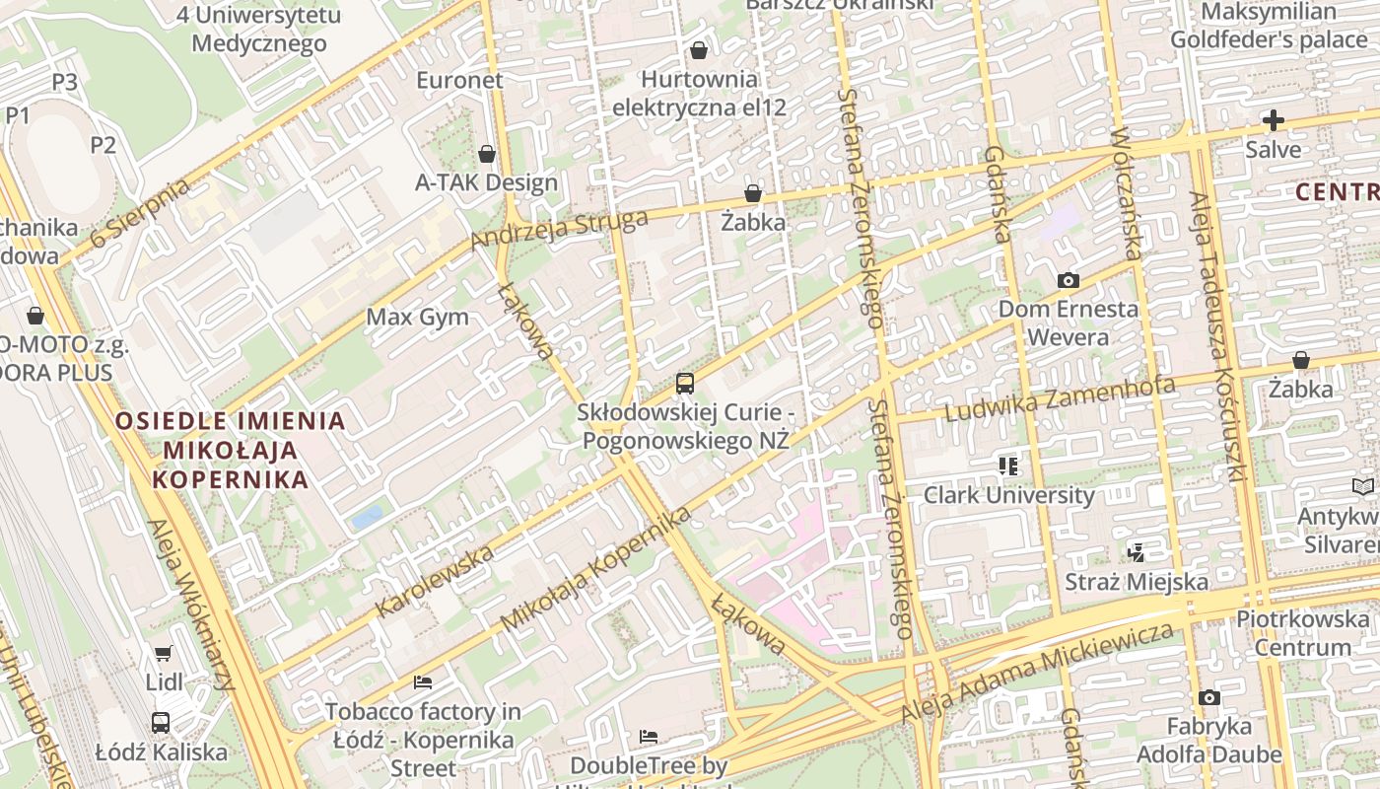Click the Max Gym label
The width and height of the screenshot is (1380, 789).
pyautogui.click(x=417, y=318)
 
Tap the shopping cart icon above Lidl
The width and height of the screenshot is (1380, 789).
pyautogui.click(x=163, y=653)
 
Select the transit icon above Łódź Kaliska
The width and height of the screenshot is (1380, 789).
pyautogui.click(x=161, y=723)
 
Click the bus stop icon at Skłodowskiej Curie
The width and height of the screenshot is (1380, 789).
pyautogui.click(x=685, y=384)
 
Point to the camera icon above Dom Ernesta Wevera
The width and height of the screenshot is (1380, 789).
pyautogui.click(x=1068, y=281)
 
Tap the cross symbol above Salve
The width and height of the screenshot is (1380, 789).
pyautogui.click(x=1273, y=121)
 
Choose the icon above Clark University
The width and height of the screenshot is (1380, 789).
pyautogui.click(x=1007, y=466)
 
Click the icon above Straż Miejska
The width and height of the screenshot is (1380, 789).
pyautogui.click(x=1136, y=552)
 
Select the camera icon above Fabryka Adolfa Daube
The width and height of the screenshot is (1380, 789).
pyautogui.click(x=1208, y=698)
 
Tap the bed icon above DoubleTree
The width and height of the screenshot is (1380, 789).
pyautogui.click(x=648, y=737)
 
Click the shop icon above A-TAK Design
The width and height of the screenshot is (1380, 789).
pyautogui.click(x=486, y=154)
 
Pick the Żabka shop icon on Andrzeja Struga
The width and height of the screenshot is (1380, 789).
pyautogui.click(x=753, y=193)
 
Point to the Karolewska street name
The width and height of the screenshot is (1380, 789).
pyautogui.click(x=435, y=581)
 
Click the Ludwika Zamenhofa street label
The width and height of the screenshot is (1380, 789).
pyautogui.click(x=1060, y=398)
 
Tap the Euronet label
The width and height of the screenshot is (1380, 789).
pyautogui.click(x=459, y=80)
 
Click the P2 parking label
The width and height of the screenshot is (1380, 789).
pyautogui.click(x=103, y=146)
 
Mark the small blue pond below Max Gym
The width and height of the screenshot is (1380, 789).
pyautogui.click(x=367, y=516)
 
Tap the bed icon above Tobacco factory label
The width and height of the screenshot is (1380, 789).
pyautogui.click(x=423, y=681)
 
